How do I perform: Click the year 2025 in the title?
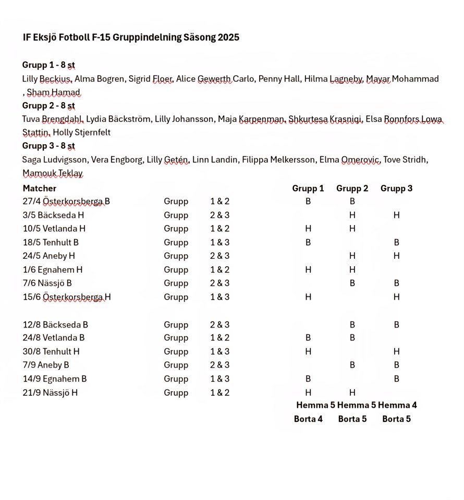point(228,37)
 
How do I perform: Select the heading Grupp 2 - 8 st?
point(48,106)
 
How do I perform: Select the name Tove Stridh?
point(405,160)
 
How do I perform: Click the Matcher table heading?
point(40,188)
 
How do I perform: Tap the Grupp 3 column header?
point(396,188)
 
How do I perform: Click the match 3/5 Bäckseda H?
point(54,215)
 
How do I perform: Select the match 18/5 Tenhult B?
point(51,242)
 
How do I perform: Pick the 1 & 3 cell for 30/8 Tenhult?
point(219,352)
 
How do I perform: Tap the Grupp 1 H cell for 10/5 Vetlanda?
point(308,229)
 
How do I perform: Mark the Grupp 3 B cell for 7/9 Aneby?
point(396,365)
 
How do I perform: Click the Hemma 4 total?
point(397,405)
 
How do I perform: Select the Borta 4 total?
point(308,419)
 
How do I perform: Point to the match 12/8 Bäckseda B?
point(55,324)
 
